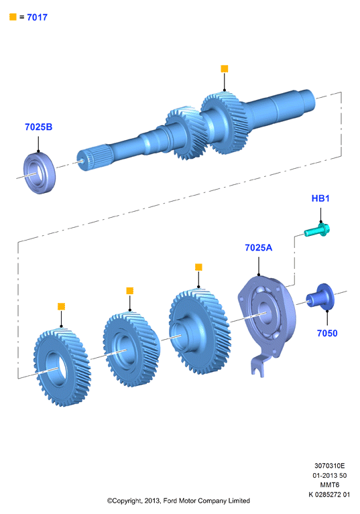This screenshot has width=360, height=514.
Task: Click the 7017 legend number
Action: tap(37, 17)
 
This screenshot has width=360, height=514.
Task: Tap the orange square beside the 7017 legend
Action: tap(13, 17)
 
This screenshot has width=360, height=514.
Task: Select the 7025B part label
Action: tap(38, 127)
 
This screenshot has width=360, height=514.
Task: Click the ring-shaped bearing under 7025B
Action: tap(40, 173)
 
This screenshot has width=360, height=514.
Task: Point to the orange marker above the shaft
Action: tap(225, 68)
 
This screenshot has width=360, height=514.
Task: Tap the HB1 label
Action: tap(320, 198)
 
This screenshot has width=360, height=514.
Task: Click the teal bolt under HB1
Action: tap(316, 230)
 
